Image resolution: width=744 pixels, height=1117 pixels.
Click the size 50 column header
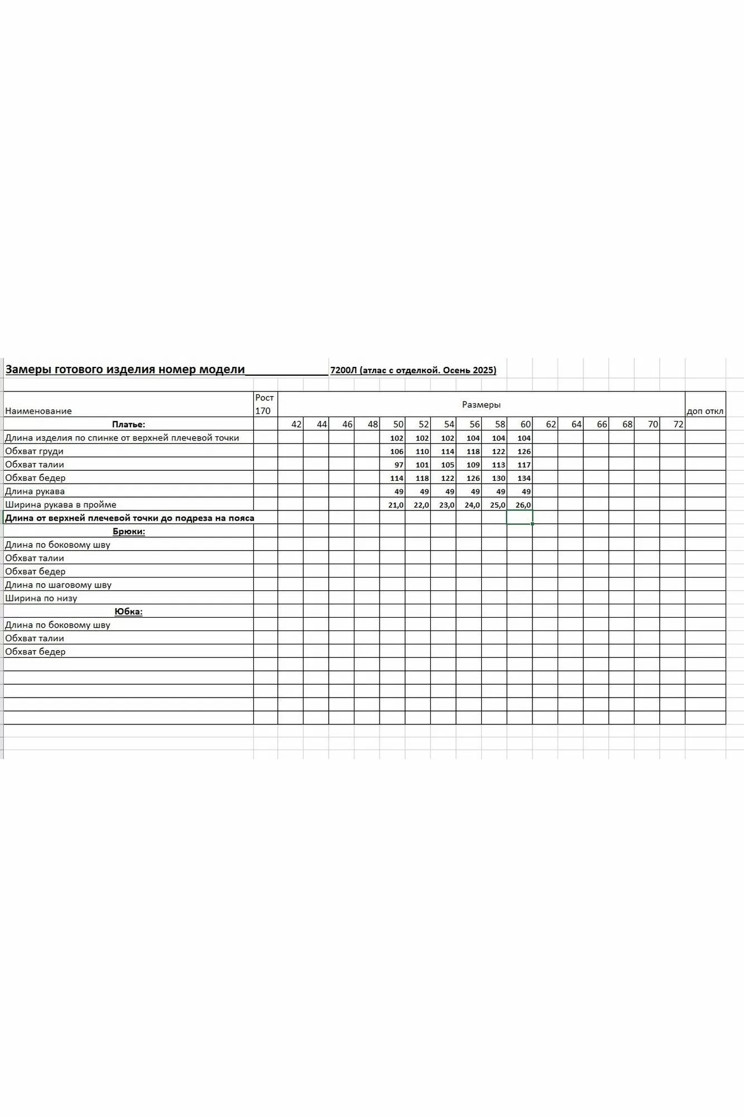tap(397, 424)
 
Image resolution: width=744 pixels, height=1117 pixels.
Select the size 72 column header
tap(678, 424)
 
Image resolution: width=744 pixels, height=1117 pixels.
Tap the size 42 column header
tap(296, 424)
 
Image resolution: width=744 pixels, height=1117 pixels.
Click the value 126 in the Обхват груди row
tap(524, 451)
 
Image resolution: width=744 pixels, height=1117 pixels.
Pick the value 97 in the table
tap(398, 465)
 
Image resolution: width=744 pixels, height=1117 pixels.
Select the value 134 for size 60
tap(524, 478)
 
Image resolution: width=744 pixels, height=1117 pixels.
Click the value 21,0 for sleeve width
tap(395, 505)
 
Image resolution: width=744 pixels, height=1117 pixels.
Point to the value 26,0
tap(523, 505)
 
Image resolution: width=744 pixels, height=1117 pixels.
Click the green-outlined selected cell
tap(520, 518)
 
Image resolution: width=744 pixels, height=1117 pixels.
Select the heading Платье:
tap(128, 424)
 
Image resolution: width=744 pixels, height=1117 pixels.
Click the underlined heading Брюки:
tap(129, 531)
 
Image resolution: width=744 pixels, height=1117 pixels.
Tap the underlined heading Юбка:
tap(128, 612)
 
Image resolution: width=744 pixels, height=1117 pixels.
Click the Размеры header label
tap(481, 404)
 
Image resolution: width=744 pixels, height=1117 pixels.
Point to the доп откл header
tap(705, 411)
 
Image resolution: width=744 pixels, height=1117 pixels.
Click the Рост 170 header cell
tap(265, 404)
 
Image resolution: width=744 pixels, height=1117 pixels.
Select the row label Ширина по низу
tap(41, 598)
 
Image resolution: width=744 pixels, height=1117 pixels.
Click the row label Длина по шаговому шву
tap(59, 585)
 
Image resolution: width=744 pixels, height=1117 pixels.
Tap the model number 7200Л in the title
tap(343, 370)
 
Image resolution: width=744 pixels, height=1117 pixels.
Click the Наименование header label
tap(39, 411)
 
